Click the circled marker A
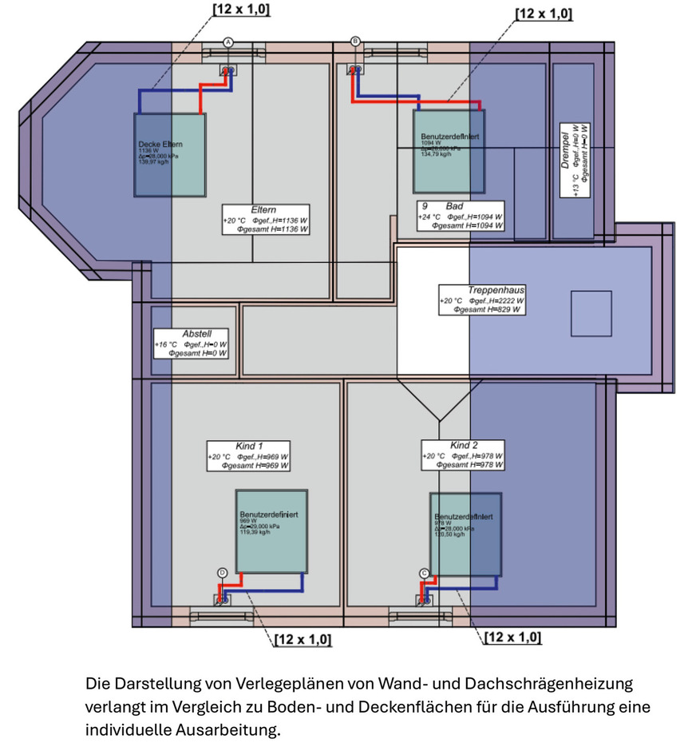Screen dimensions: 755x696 (x=227, y=42)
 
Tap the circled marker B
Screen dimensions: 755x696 (x=355, y=42)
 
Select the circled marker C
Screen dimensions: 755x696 (x=425, y=572)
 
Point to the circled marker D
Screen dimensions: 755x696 (x=222, y=572)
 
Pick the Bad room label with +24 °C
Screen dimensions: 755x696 (x=461, y=216)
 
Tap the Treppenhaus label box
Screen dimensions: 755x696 (x=482, y=300)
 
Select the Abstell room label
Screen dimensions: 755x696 (x=191, y=343)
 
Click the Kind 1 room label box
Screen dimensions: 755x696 (x=248, y=455)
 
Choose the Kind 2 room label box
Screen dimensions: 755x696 (x=463, y=455)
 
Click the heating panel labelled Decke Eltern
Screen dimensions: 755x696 (x=169, y=155)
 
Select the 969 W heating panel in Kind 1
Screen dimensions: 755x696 (x=271, y=530)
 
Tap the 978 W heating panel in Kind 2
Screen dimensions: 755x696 (x=465, y=534)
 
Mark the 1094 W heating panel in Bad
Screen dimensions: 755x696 (x=448, y=150)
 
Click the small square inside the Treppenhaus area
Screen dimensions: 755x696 (x=591, y=313)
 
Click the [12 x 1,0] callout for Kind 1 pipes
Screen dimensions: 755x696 (x=302, y=639)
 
